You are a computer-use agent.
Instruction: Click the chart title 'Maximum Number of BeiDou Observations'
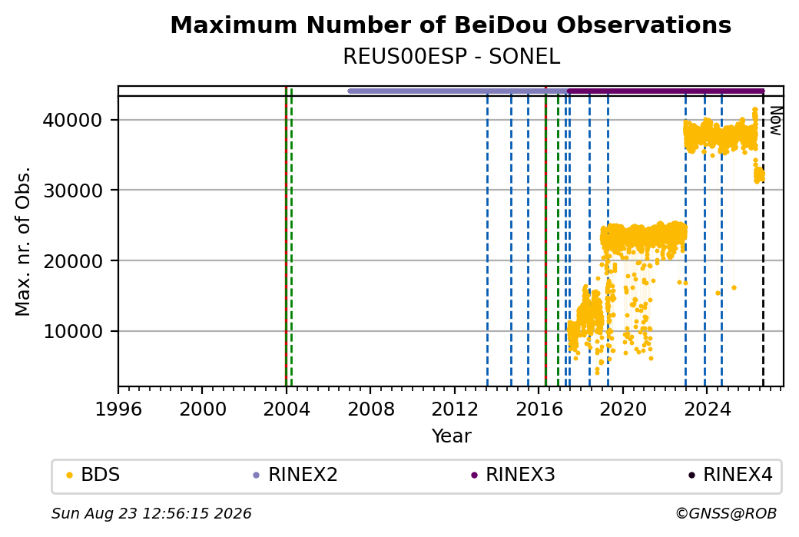(451, 25)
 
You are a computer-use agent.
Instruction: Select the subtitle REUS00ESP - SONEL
(452, 57)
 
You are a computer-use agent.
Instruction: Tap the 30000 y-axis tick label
(73, 191)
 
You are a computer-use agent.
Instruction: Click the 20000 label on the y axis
(73, 261)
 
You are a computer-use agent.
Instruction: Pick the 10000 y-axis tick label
(73, 331)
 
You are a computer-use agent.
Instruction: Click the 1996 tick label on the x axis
(118, 409)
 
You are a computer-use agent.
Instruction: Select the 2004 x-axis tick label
(287, 409)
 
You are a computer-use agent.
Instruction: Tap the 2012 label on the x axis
(455, 409)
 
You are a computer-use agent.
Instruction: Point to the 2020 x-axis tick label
(623, 409)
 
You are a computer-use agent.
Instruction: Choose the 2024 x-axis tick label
(706, 409)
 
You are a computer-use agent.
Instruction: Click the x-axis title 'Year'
(452, 436)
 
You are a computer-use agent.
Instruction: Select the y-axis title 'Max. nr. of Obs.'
(23, 241)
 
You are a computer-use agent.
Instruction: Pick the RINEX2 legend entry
(295, 475)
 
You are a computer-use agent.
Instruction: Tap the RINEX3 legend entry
(512, 475)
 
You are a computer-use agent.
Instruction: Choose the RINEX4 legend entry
(731, 475)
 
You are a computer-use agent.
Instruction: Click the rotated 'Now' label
(775, 121)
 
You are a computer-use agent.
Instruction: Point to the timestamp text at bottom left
(151, 513)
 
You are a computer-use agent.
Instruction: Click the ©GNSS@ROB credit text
(726, 513)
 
